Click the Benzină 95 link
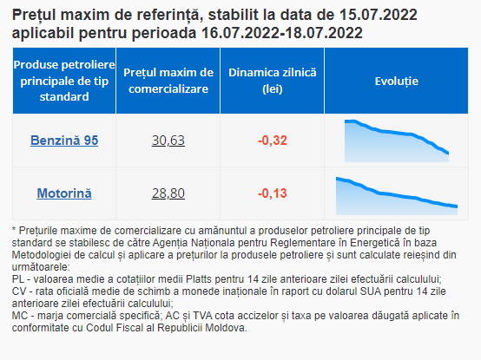point(64,141)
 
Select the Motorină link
point(64,193)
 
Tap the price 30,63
point(168,141)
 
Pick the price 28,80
point(168,193)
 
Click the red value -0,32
point(273,141)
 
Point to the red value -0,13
point(273,193)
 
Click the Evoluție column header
point(396,82)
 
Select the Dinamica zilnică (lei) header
point(273,81)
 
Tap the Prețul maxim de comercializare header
point(168,81)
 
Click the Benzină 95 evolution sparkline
point(397,141)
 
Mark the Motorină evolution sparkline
point(397,196)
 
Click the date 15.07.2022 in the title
point(379,15)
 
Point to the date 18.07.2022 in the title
point(324,33)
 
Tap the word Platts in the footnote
point(199,279)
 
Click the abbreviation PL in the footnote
point(18,279)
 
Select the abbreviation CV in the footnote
point(19,291)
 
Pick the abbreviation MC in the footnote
point(19,316)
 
